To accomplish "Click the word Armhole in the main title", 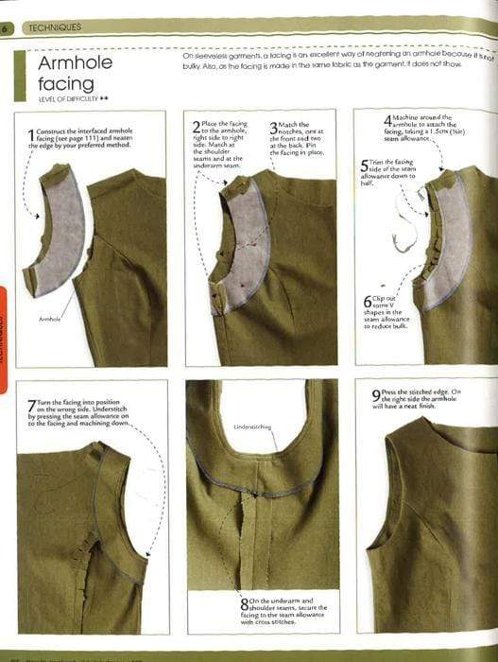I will [75, 64].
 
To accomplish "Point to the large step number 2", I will [196, 126].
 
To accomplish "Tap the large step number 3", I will [274, 127].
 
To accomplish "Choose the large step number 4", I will [387, 122].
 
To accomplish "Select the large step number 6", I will [368, 303].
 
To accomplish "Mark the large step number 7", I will [31, 407].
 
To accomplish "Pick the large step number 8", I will [243, 603].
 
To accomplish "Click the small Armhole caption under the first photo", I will [50, 321].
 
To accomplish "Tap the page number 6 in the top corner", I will [6, 29].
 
